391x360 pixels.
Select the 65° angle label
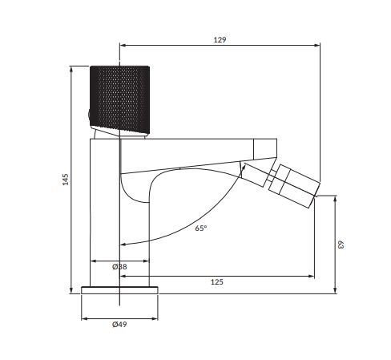[x=200, y=228]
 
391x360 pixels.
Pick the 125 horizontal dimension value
[x=217, y=282]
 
